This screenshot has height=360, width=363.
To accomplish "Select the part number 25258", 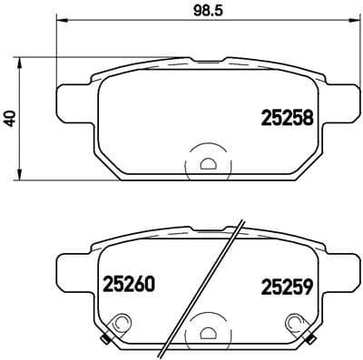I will [x=287, y=117].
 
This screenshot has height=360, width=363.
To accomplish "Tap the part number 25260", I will [x=119, y=284].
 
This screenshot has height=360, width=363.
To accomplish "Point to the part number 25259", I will [x=287, y=284].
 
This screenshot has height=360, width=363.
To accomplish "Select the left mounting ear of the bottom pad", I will [x=73, y=268].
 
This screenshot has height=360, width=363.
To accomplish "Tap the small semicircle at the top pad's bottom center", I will [x=208, y=164].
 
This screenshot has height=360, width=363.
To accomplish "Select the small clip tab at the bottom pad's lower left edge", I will [x=106, y=340].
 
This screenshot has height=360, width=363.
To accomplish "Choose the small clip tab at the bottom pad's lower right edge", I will [x=309, y=340].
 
